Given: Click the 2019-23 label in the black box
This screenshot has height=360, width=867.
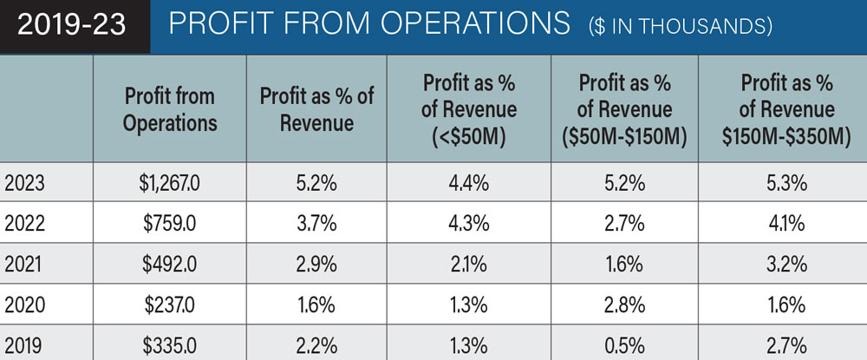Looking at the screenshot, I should coord(72,25).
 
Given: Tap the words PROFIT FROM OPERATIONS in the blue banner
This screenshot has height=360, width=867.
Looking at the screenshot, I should coord(369,25).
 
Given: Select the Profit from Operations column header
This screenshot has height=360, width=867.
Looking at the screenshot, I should coord(170,109).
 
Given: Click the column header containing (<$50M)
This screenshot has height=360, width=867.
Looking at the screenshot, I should coord(470,109).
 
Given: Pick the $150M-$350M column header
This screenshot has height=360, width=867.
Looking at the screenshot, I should coord(787,109).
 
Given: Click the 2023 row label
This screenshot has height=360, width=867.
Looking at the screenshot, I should coord(25,184).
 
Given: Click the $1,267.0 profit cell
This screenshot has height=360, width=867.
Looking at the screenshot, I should coord(170,184).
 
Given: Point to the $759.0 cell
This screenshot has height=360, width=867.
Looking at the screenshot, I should coord(170,223).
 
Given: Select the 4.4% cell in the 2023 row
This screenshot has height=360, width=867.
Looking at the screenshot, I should coord(470,184).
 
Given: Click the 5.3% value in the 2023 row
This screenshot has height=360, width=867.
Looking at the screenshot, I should coord(787,184).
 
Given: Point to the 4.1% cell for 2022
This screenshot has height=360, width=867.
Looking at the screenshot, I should coord(787,223).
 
